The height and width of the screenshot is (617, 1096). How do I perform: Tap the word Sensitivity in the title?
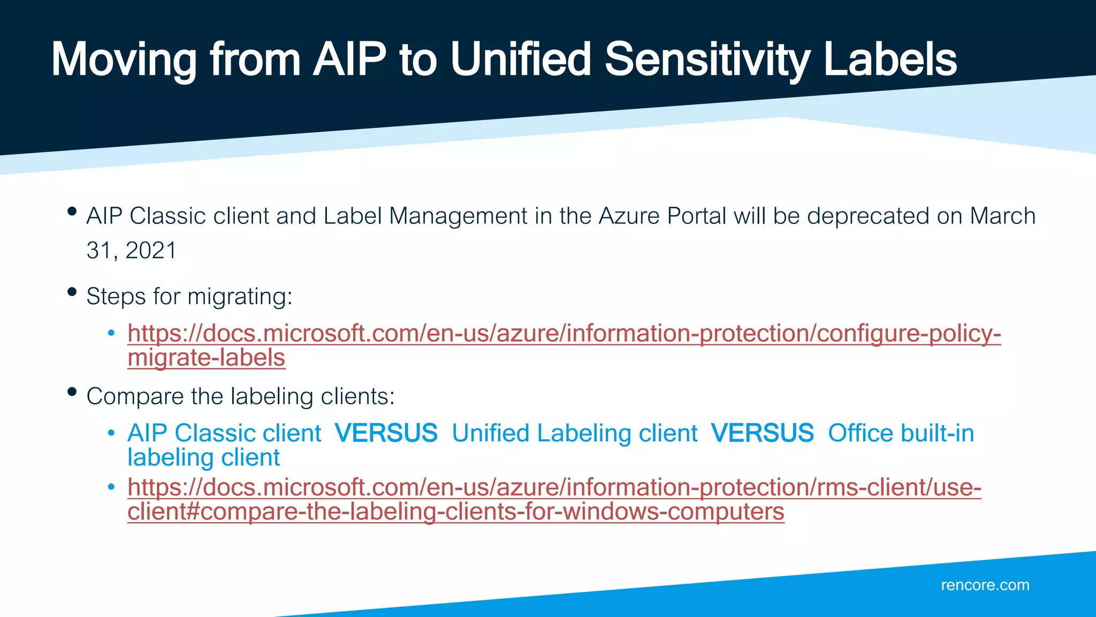coord(707,60)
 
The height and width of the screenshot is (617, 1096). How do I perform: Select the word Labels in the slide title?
coord(890,60)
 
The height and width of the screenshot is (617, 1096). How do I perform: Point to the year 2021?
coord(151,251)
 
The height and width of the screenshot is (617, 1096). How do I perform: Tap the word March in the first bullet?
coord(1002,216)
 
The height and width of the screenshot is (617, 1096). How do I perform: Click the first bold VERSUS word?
coord(386,433)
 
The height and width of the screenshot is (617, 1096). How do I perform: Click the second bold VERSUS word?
coord(763,433)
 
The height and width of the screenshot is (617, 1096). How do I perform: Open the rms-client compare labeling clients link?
coord(554,487)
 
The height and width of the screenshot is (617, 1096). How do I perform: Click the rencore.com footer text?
coord(985,585)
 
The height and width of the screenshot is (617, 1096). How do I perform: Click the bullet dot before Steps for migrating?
coord(72,292)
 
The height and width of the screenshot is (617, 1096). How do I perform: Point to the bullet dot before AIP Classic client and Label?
coord(72,212)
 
